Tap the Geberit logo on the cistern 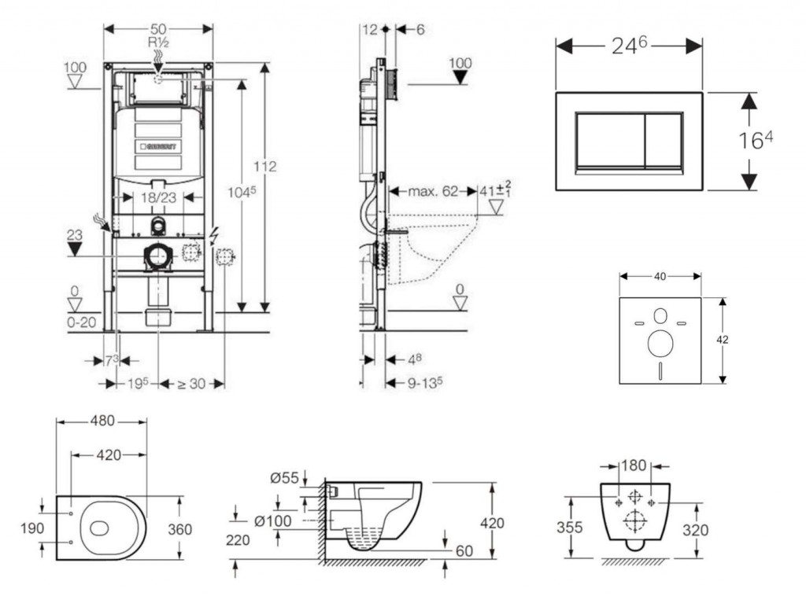click(160, 146)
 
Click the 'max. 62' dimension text click(433, 190)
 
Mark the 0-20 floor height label click(80, 322)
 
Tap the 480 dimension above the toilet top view click(101, 421)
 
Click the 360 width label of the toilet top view click(180, 530)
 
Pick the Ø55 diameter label click(283, 478)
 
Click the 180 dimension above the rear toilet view click(634, 465)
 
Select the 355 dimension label click(571, 528)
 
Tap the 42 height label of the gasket click(723, 340)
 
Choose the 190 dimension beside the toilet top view click(31, 529)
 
